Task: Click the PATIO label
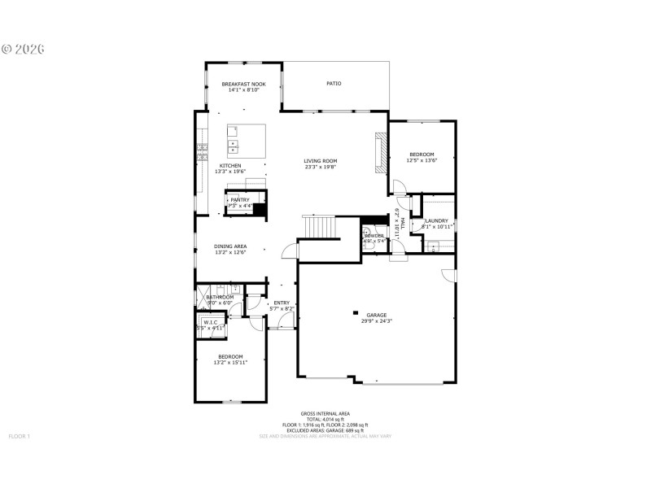pyautogui.click(x=334, y=84)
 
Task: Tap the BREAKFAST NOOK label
pyautogui.click(x=243, y=84)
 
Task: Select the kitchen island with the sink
pyautogui.click(x=247, y=140)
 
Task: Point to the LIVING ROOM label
pyautogui.click(x=321, y=161)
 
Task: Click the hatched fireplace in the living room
pyautogui.click(x=380, y=152)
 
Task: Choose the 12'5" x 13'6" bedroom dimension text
pyautogui.click(x=422, y=160)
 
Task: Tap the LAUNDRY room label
pyautogui.click(x=436, y=220)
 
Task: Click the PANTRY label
pyautogui.click(x=240, y=199)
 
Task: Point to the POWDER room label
pyautogui.click(x=374, y=236)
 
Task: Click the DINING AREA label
pyautogui.click(x=230, y=246)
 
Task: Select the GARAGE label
pyautogui.click(x=376, y=315)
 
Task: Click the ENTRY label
pyautogui.click(x=282, y=303)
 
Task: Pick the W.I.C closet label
pyautogui.click(x=211, y=322)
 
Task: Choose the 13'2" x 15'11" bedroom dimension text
pyautogui.click(x=230, y=362)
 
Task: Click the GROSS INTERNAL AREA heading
pyautogui.click(x=325, y=413)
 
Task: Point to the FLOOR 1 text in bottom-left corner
pyautogui.click(x=19, y=437)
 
